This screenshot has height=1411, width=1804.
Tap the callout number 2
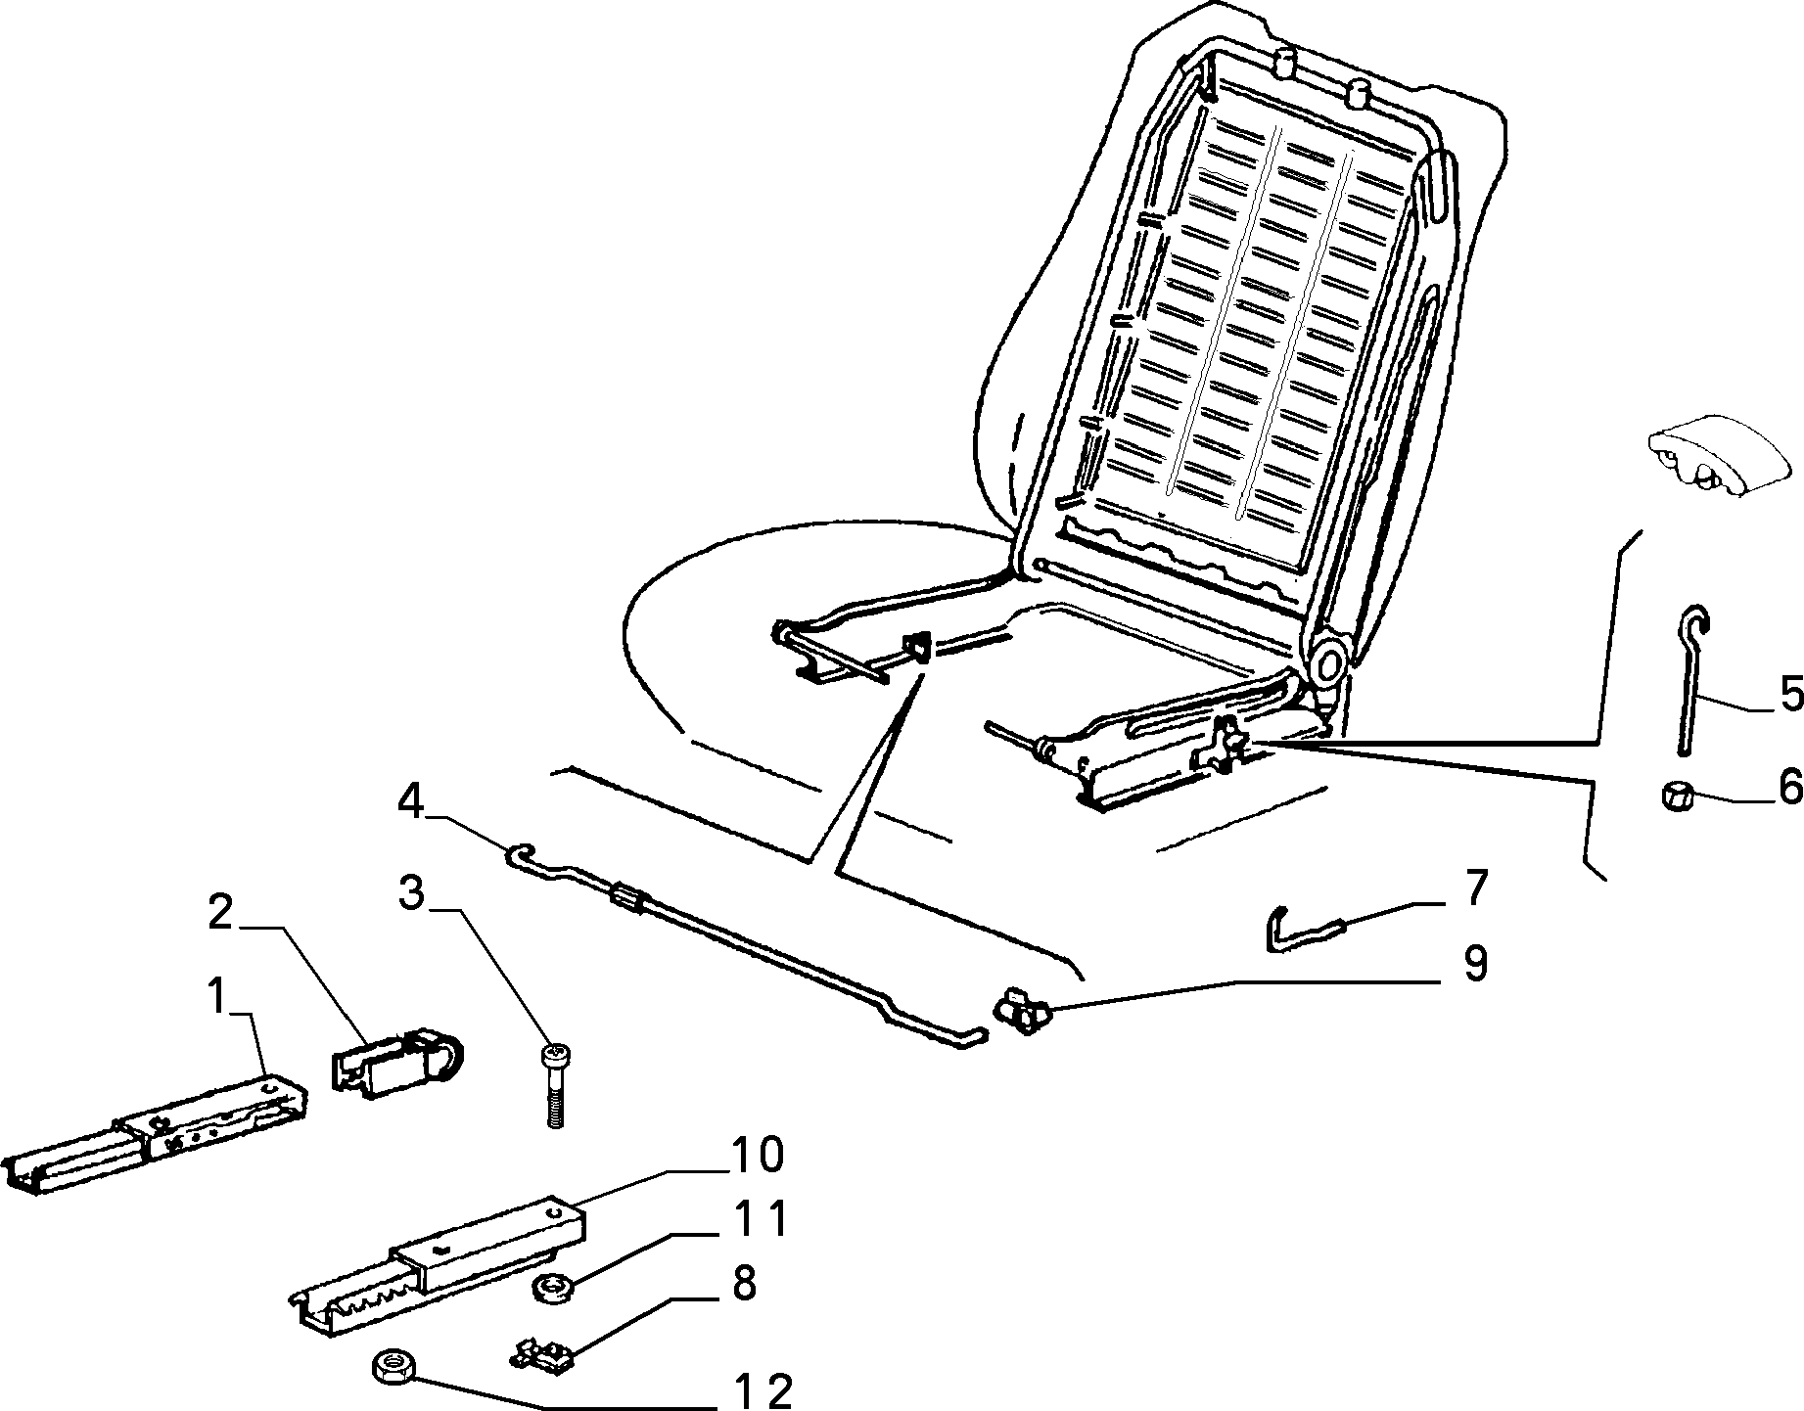(220, 916)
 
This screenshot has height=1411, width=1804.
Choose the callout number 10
(755, 1156)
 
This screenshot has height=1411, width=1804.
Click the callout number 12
(763, 1390)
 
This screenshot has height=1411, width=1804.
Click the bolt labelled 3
(553, 1087)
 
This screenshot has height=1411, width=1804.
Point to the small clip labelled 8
(541, 1355)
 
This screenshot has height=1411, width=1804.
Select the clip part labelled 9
(1021, 1011)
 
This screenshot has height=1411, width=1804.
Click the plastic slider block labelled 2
(401, 1063)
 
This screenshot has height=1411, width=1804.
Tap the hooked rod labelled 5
(1689, 679)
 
